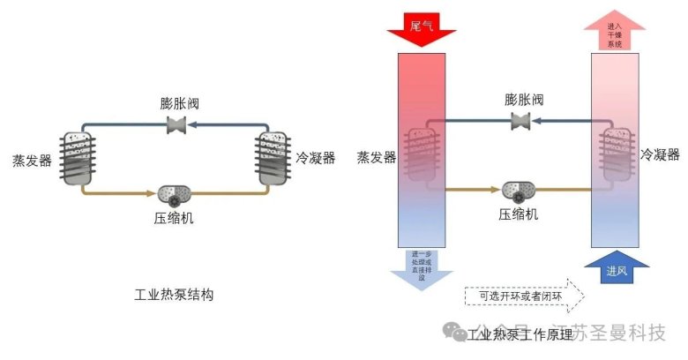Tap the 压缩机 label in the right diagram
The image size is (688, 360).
[x=520, y=214]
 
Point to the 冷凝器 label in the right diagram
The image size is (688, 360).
[x=660, y=155]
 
